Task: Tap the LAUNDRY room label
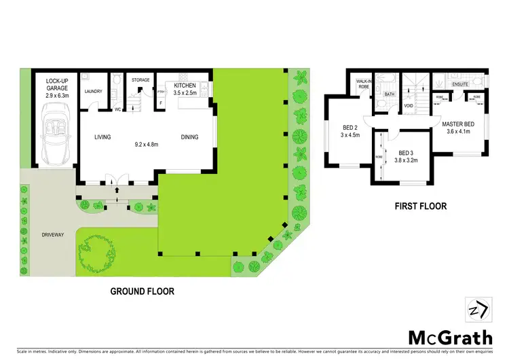92,92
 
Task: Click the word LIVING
102,137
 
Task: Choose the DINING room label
190,137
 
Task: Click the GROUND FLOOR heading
142,291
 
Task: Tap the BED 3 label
406,153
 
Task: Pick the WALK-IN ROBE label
360,84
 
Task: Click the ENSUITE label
460,85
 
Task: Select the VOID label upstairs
409,106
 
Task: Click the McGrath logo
451,338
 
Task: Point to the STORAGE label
140,80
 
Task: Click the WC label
117,108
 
